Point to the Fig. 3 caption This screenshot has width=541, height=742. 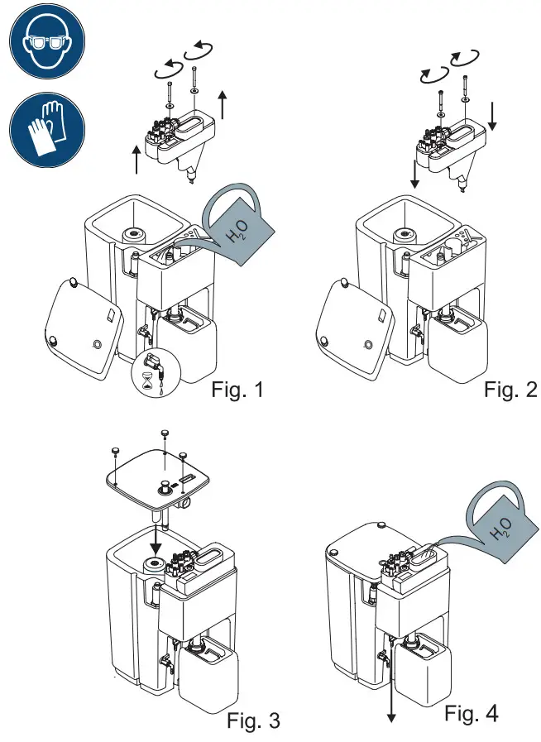tap(253, 720)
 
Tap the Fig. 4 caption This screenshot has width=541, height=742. tap(472, 712)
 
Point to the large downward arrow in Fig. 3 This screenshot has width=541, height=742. tap(154, 546)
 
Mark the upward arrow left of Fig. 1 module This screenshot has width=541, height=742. tap(136, 157)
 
